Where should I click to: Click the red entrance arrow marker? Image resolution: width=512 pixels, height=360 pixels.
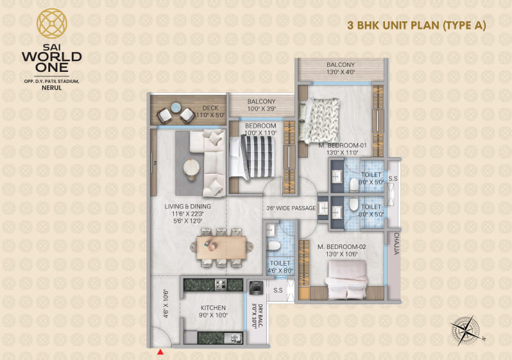160,351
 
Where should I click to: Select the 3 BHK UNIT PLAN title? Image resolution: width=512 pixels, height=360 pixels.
416,26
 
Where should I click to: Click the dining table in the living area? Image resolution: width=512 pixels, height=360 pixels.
221,246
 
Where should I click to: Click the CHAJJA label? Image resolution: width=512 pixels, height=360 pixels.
396,244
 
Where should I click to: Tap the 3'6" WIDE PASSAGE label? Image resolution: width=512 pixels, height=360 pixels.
291,208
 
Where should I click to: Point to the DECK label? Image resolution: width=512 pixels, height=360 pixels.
211,108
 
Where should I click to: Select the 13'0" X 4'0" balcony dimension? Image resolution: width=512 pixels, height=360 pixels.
341,73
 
